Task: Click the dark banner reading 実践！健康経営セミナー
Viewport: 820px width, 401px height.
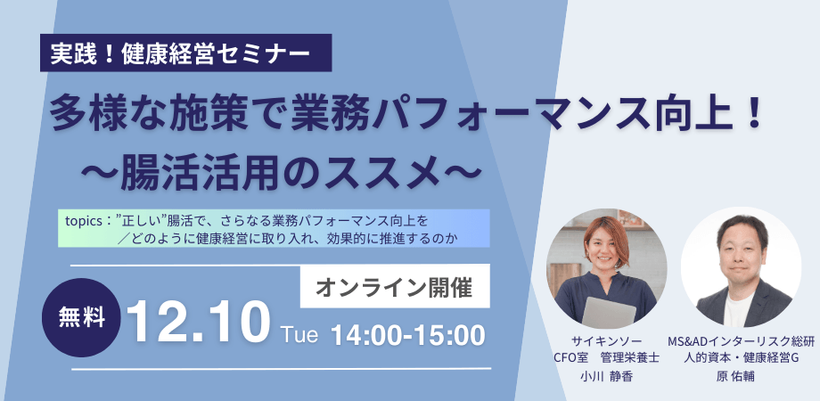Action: tap(185, 53)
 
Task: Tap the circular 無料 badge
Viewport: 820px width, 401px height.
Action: tap(81, 317)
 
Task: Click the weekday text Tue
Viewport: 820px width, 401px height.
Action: tap(299, 334)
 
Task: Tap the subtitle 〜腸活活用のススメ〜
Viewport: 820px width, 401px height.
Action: tap(280, 169)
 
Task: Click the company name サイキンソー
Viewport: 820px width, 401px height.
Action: tap(607, 342)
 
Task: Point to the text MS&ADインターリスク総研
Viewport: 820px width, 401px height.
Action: tap(742, 342)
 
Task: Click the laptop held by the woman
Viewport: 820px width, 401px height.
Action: tap(610, 313)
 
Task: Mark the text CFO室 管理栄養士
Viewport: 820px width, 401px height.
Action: tap(607, 359)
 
